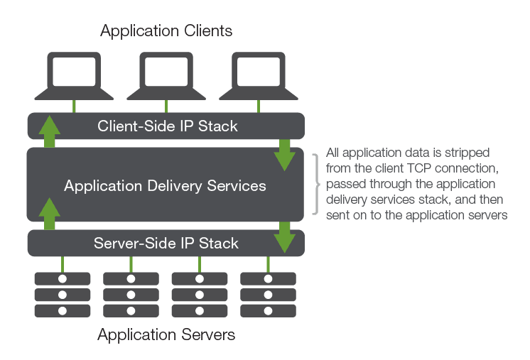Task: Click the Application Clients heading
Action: coord(166,31)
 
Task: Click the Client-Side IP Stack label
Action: coord(167,127)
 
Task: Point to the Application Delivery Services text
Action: coord(165,186)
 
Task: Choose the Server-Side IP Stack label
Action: coord(166,244)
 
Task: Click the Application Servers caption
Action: coord(166,334)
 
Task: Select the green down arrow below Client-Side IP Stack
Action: coord(285,156)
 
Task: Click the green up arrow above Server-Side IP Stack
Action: coord(49,214)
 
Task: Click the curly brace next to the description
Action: coord(318,184)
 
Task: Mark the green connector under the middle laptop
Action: coord(166,107)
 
